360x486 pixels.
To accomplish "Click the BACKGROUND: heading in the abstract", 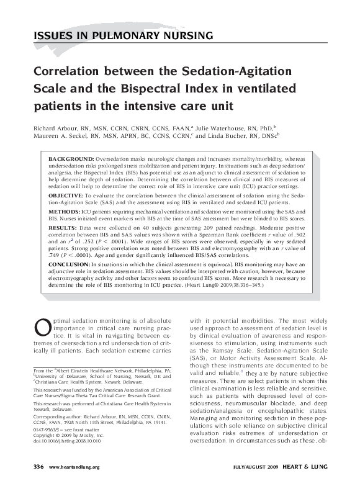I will point(71,160).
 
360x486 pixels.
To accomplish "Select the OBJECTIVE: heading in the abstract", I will point(68,195).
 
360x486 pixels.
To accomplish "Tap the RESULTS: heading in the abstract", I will point(65,228).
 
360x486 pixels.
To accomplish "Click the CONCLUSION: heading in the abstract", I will point(72,264).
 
